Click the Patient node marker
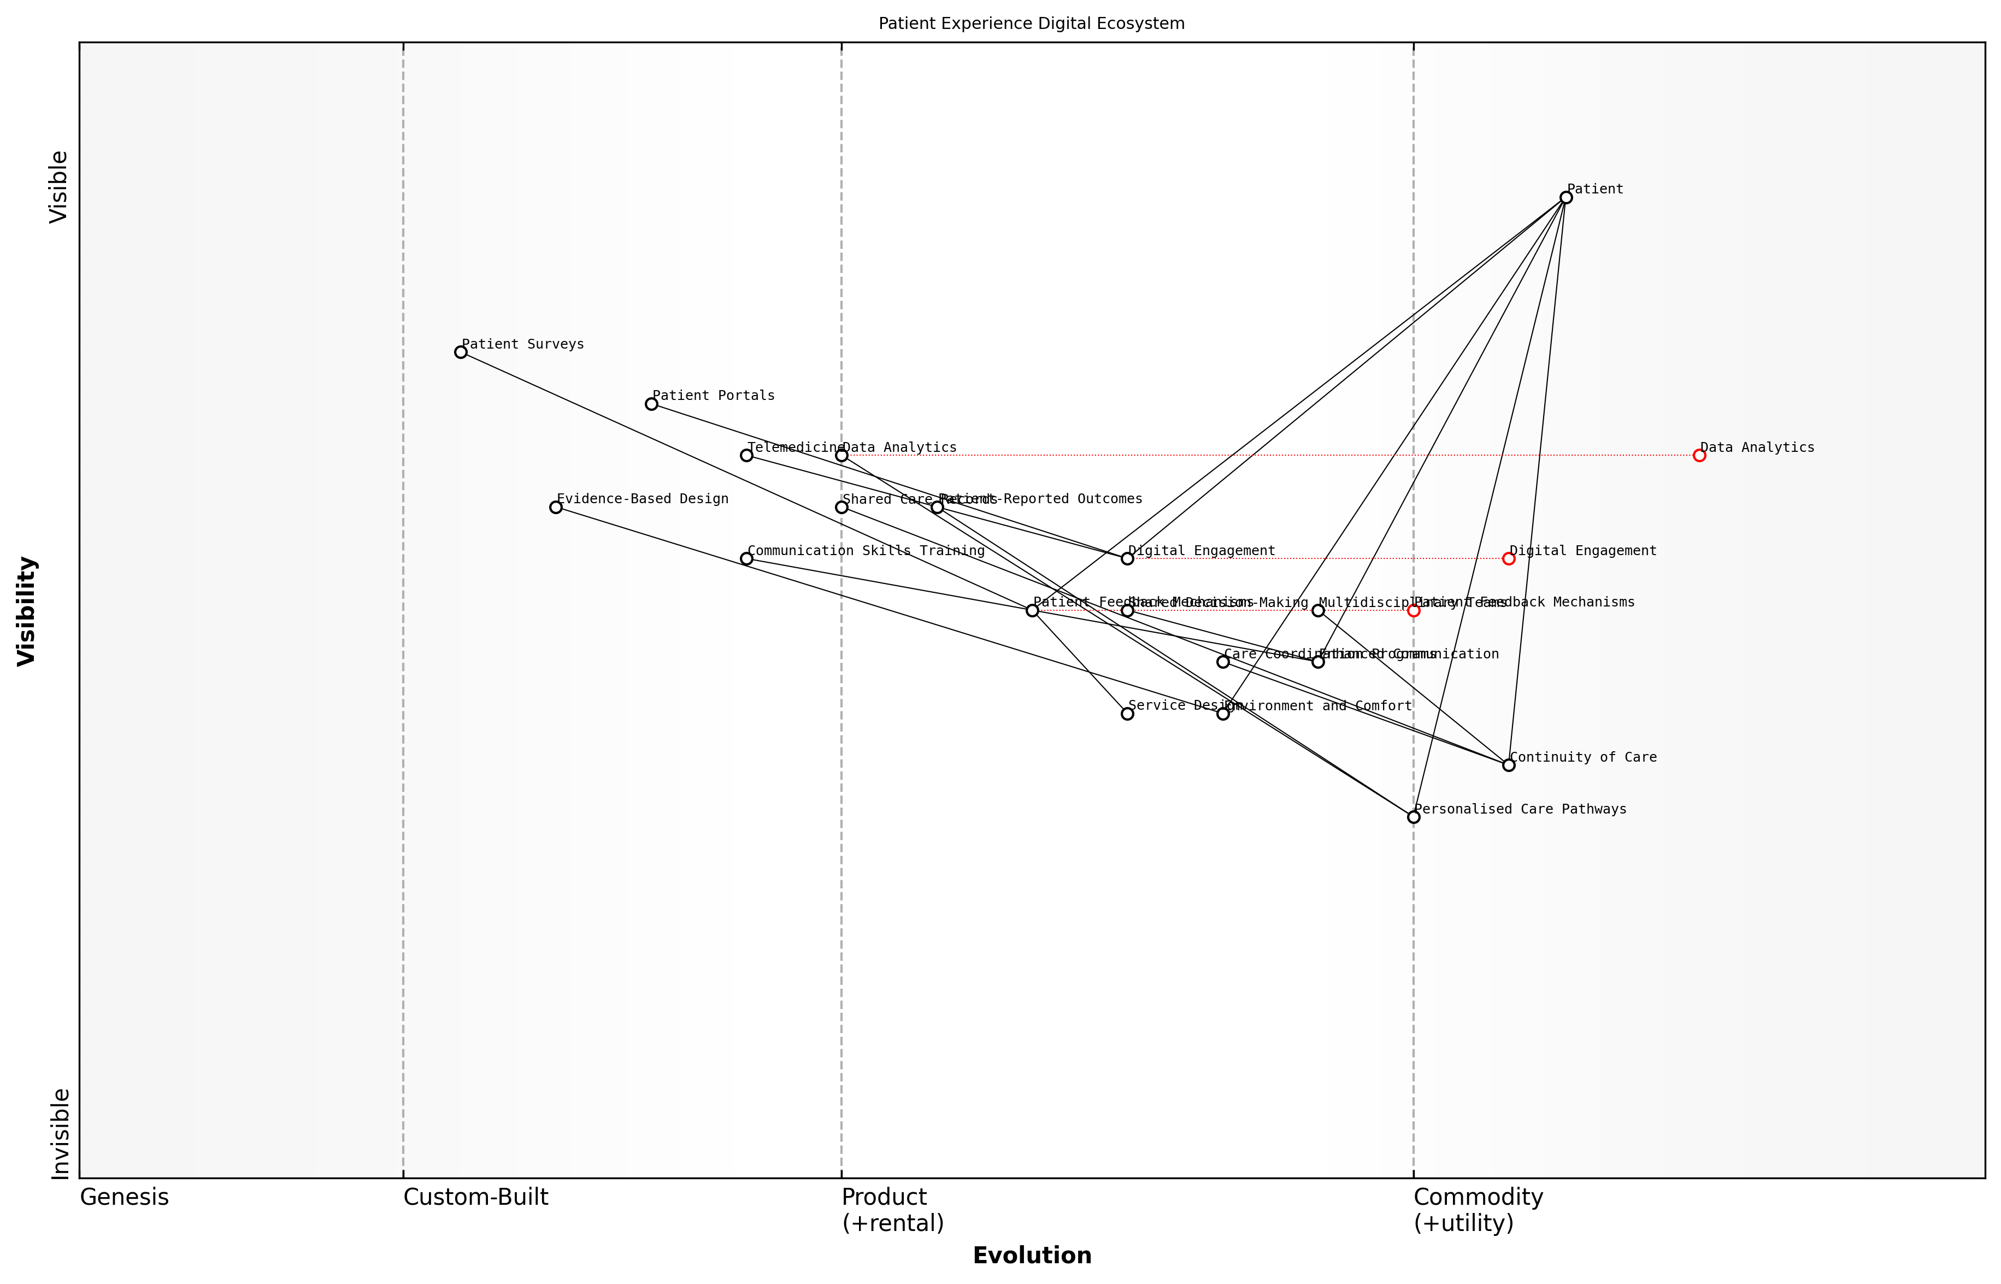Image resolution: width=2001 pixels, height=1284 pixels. [x=1566, y=198]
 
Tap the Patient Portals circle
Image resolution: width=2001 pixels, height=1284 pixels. [x=651, y=404]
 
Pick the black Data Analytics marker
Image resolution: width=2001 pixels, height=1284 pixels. [x=841, y=455]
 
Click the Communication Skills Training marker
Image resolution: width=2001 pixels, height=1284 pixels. [x=746, y=558]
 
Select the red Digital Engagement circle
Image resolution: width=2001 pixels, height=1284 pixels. [x=1508, y=558]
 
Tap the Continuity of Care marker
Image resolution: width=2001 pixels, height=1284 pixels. [x=1508, y=764]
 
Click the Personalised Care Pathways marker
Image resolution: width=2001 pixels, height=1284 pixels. [x=1413, y=817]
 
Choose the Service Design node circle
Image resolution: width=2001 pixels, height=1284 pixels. [x=1127, y=714]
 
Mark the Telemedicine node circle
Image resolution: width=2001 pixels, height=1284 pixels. [x=746, y=455]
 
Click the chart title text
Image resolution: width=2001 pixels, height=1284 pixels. [x=1031, y=23]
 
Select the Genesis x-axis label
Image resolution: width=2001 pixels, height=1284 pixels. [x=124, y=1197]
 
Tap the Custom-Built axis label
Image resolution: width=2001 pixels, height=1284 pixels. [x=475, y=1197]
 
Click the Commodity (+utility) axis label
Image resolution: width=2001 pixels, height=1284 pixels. [x=1478, y=1210]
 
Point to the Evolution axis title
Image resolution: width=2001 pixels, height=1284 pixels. [x=1031, y=1256]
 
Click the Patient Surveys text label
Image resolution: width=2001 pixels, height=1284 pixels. [x=523, y=344]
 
